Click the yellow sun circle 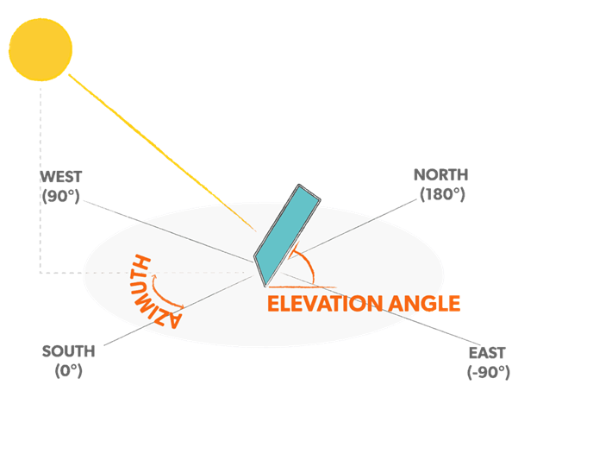41,49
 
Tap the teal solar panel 287,236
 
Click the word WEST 61,177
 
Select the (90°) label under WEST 61,196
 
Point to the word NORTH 441,175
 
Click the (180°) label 442,194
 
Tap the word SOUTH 68,351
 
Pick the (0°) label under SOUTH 68,370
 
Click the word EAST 487,353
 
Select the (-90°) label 489,372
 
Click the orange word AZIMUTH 153,291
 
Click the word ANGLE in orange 424,304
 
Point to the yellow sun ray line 162,153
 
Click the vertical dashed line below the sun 41,180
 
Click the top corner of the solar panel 299,186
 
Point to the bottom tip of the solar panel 265,287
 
